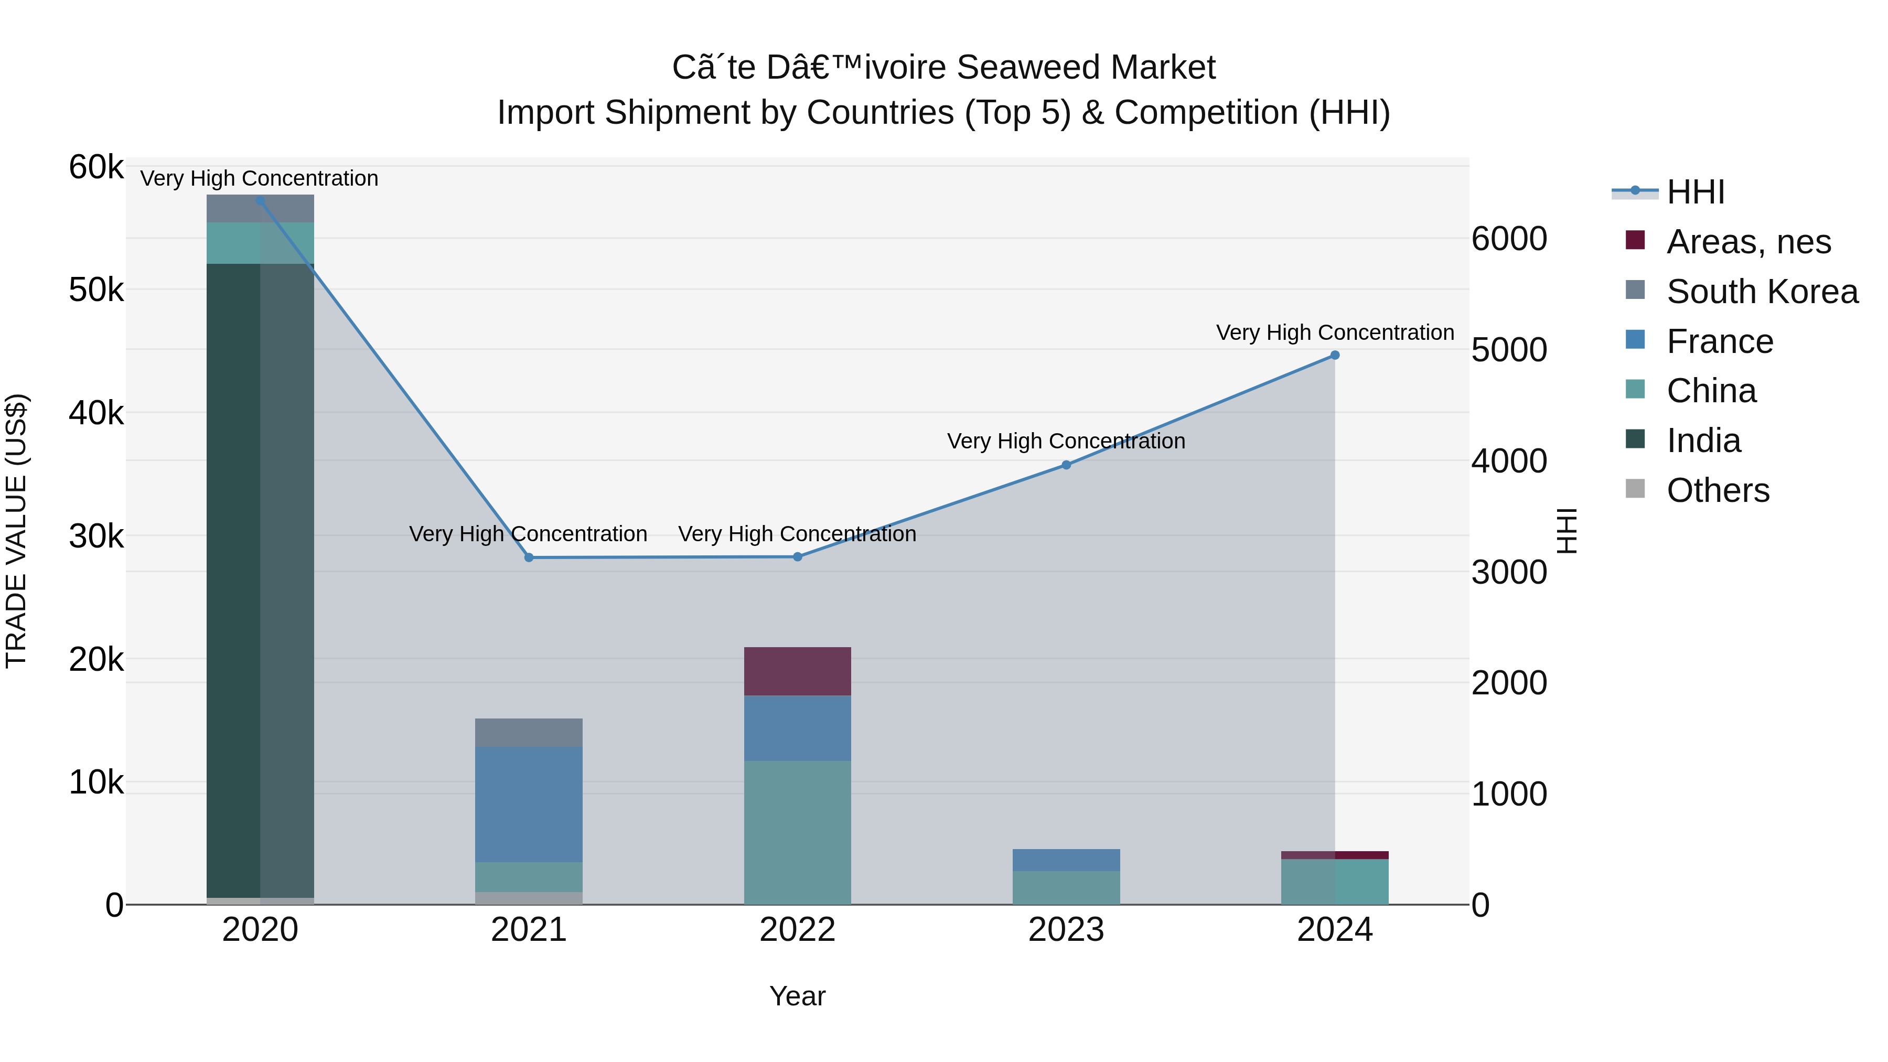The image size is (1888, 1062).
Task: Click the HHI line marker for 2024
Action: (1335, 356)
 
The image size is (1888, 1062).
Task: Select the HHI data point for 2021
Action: (529, 558)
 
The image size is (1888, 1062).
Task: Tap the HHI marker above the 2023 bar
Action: (1066, 465)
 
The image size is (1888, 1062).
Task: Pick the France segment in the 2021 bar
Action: (529, 804)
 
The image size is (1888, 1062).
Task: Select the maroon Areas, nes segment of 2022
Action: (797, 671)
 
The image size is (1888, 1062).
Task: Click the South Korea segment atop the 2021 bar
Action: (529, 732)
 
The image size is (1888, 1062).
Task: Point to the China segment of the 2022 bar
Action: (797, 832)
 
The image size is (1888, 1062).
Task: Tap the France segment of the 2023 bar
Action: (1066, 860)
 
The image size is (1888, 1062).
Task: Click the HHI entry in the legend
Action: (1695, 192)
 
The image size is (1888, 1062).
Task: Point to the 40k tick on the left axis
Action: (96, 413)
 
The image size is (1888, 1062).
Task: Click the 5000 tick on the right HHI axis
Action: (1508, 350)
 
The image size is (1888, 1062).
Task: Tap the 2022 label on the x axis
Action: (797, 930)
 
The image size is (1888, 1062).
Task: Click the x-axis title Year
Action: (797, 996)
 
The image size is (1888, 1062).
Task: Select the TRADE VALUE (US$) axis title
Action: (17, 531)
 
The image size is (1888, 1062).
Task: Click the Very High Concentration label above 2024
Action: (1335, 332)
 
